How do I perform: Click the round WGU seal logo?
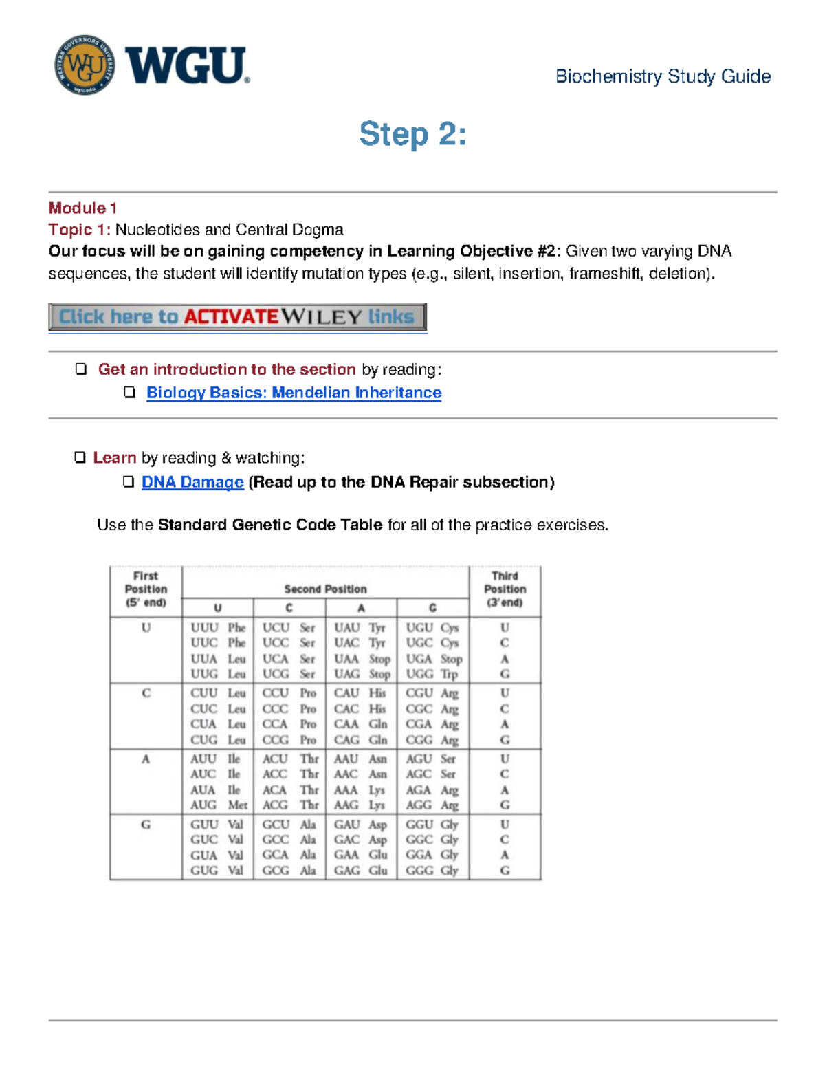click(85, 65)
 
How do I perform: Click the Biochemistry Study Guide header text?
click(663, 76)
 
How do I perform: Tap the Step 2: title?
click(412, 133)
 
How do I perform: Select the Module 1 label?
click(82, 208)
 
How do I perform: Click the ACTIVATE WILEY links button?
click(237, 317)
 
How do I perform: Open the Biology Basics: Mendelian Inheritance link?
click(294, 393)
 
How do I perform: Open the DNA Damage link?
click(192, 482)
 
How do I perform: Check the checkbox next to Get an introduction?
click(81, 369)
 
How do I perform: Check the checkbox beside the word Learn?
click(80, 457)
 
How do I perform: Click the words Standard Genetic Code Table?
click(269, 525)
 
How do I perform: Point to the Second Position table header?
click(325, 589)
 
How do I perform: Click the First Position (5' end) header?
click(146, 589)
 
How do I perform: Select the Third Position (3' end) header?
click(505, 589)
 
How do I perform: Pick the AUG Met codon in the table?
click(218, 805)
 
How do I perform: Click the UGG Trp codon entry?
click(432, 674)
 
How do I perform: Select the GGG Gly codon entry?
click(432, 870)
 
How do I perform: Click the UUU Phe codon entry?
click(218, 627)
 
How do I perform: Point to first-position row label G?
click(146, 824)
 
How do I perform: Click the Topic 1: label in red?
click(79, 230)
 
